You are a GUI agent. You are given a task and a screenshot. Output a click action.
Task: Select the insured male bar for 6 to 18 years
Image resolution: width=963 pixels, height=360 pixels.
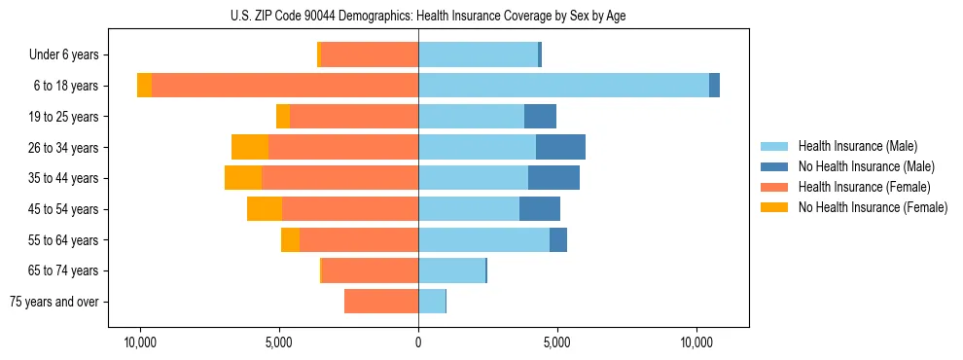click(x=563, y=86)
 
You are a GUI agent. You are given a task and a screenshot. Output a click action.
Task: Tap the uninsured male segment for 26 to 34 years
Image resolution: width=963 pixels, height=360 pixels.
click(x=560, y=147)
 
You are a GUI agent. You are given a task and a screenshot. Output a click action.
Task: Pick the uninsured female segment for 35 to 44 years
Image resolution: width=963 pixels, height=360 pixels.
click(x=243, y=178)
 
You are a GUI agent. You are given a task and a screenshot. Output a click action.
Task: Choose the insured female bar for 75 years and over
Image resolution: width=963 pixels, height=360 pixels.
click(x=381, y=302)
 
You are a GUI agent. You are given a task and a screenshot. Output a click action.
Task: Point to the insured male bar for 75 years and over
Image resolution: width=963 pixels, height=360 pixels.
click(x=432, y=302)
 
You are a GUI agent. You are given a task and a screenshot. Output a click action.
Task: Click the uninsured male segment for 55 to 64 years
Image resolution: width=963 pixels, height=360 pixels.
click(x=558, y=239)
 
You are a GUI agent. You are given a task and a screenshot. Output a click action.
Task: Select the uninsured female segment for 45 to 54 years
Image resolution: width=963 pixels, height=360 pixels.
click(x=265, y=209)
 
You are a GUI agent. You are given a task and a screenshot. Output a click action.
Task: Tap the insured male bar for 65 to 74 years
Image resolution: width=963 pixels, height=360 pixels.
click(x=451, y=270)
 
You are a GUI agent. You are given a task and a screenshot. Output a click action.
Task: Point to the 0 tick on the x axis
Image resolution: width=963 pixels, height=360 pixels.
click(x=418, y=343)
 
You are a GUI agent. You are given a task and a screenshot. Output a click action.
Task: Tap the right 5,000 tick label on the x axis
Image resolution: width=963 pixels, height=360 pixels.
click(x=557, y=343)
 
